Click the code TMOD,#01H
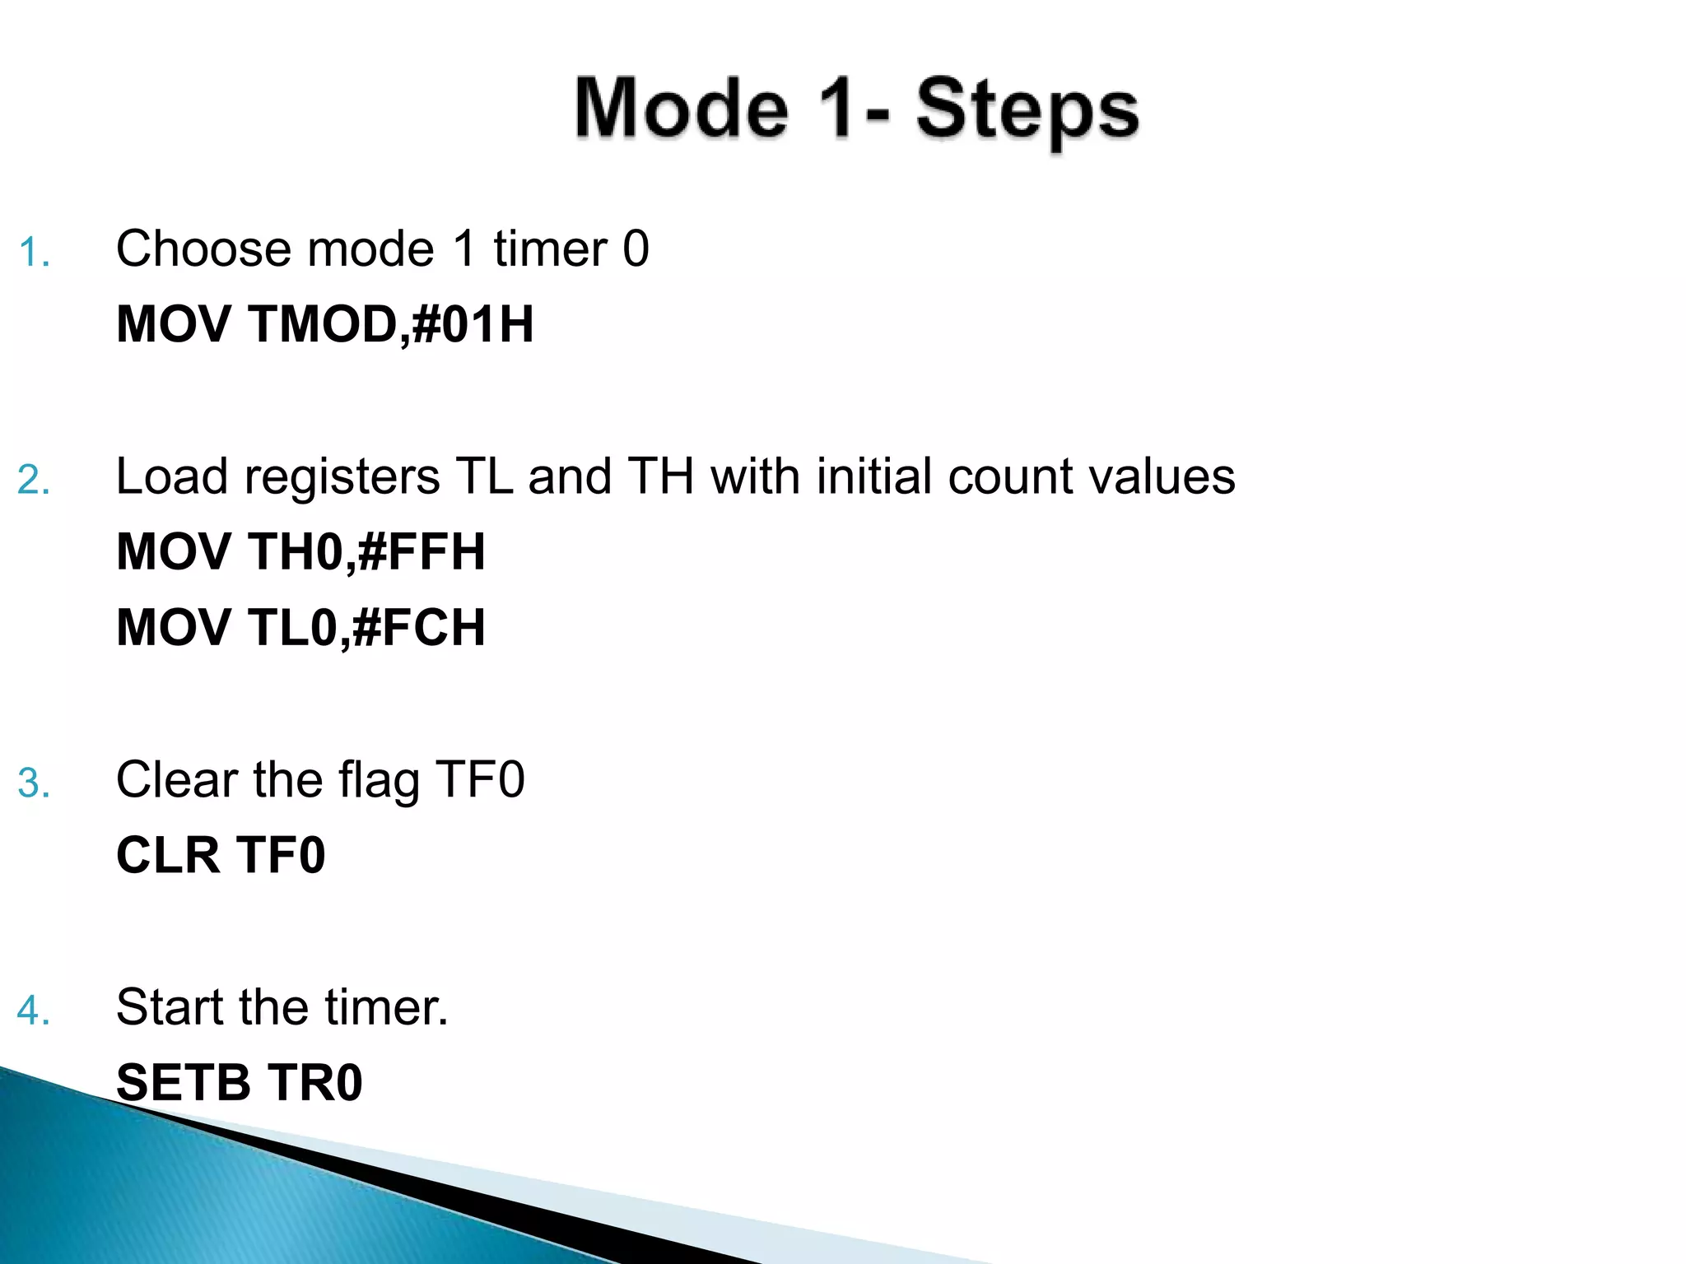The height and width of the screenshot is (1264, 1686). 390,324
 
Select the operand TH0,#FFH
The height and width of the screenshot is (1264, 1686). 366,551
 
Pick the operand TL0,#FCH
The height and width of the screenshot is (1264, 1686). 366,627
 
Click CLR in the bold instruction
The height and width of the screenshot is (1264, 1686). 168,855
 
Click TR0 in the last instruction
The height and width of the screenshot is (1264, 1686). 315,1082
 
